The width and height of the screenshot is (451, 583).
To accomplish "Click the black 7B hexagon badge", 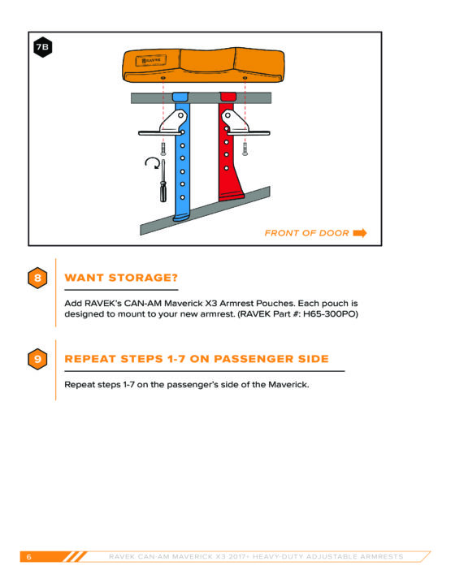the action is click(42, 47).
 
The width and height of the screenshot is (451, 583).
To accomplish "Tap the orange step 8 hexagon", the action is click(37, 278).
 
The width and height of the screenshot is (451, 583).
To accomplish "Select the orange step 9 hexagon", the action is click(37, 359).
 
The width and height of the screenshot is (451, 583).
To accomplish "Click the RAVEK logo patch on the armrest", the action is click(150, 60).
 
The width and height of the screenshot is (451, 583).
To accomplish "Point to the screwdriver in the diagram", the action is click(163, 181).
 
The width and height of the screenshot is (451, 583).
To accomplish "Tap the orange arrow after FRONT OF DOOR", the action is click(360, 233).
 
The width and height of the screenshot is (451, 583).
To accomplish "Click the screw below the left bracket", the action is click(163, 149).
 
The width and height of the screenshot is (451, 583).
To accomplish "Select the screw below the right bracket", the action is click(245, 149).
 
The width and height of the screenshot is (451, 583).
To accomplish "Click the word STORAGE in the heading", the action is click(143, 278).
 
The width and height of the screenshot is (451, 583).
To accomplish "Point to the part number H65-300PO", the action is click(329, 314).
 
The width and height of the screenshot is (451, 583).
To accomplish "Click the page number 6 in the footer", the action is click(29, 557).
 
